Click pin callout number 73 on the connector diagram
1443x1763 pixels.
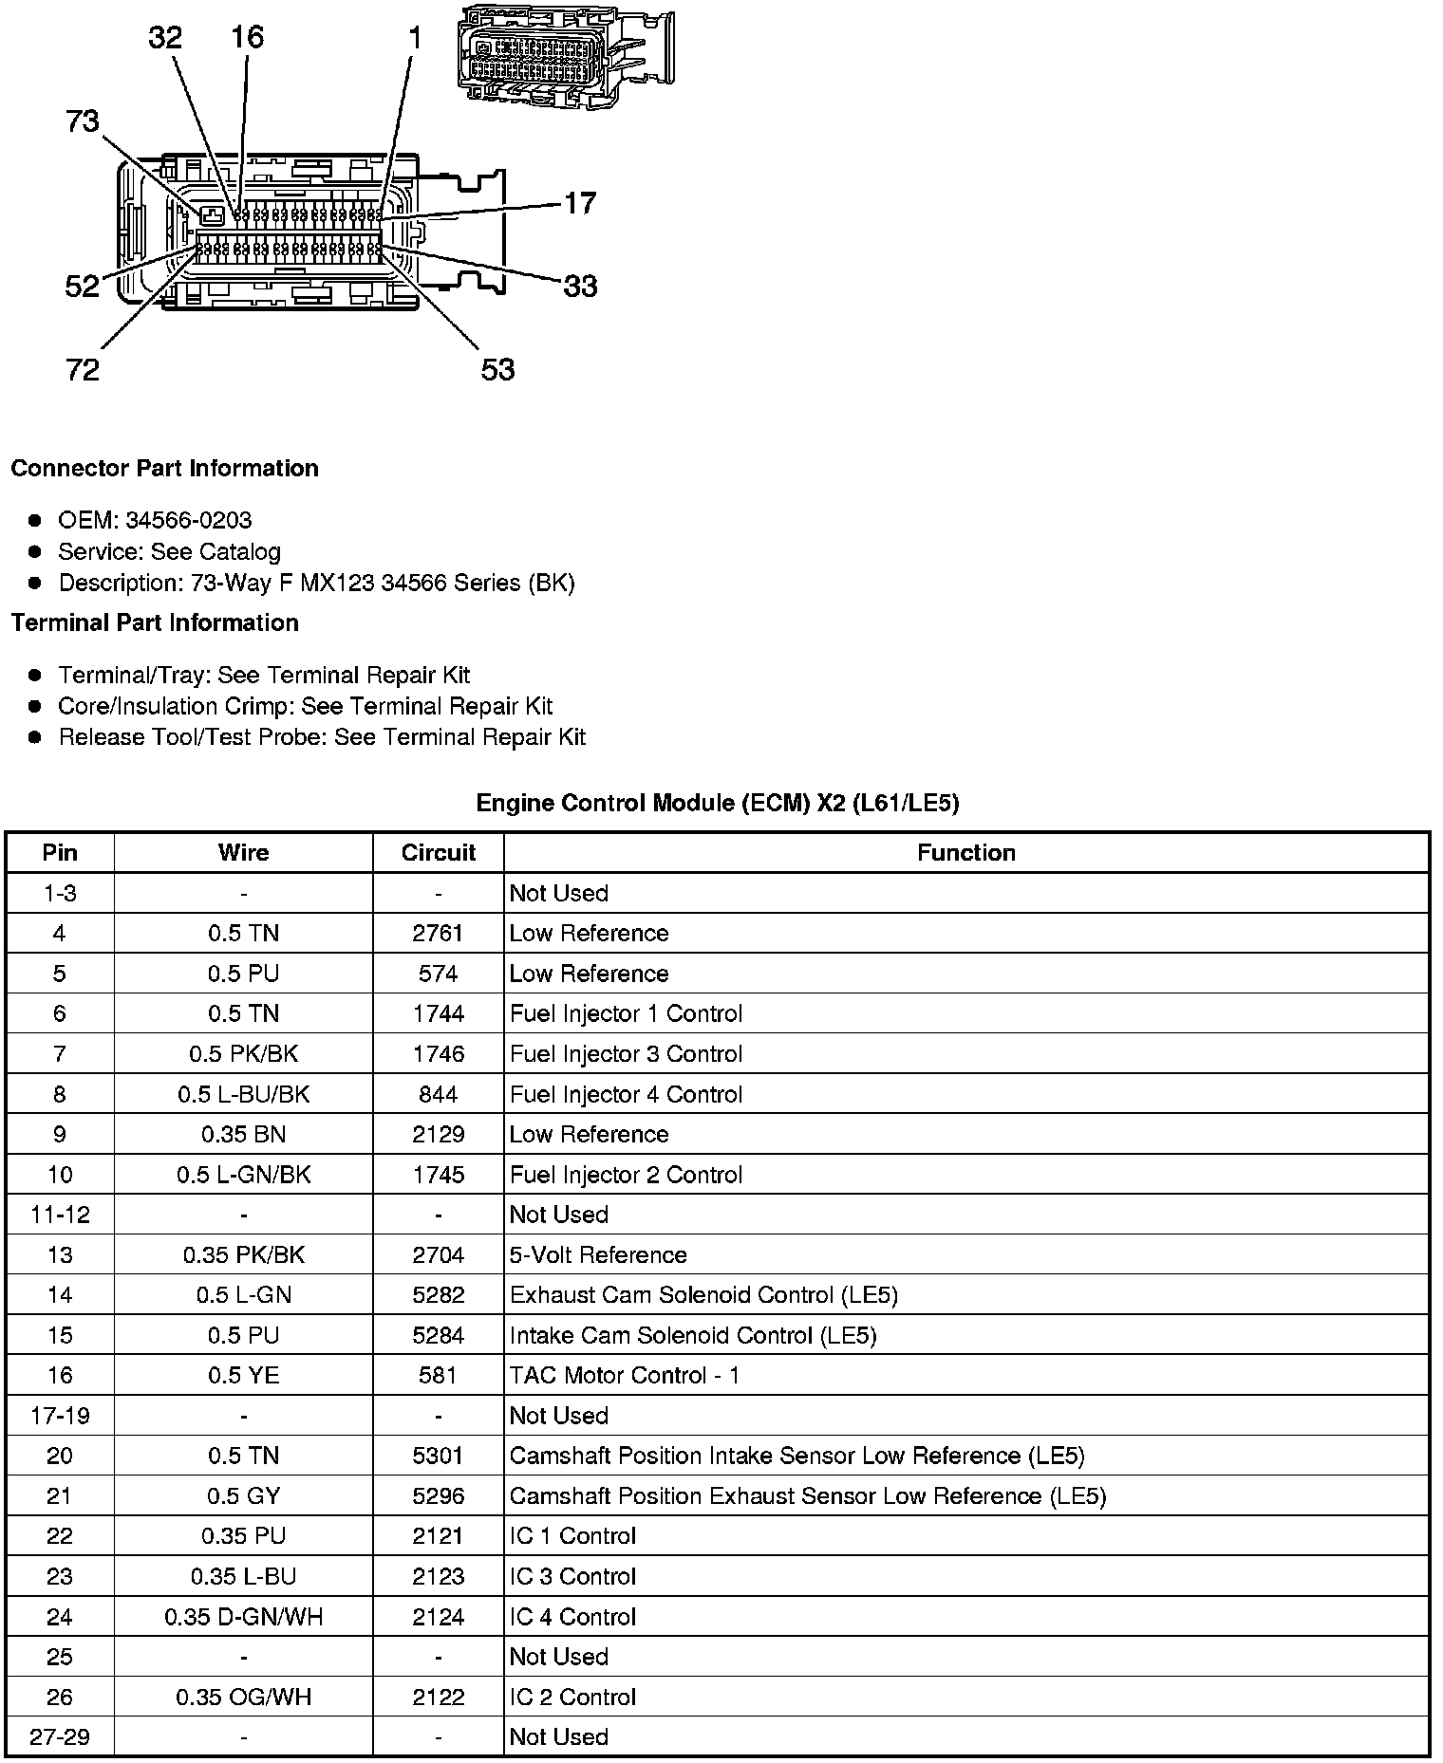pyautogui.click(x=83, y=121)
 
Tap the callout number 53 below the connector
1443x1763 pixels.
pyautogui.click(x=497, y=369)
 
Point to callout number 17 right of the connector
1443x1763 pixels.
pyautogui.click(x=580, y=203)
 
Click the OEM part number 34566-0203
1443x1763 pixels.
pyautogui.click(x=189, y=520)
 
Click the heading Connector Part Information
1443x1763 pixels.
pyautogui.click(x=164, y=469)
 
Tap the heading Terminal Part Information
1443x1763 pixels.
pyautogui.click(x=155, y=623)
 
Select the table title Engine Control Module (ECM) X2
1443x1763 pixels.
pyautogui.click(x=717, y=804)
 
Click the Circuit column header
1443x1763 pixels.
pyautogui.click(x=438, y=853)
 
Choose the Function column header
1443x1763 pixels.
pyautogui.click(x=965, y=853)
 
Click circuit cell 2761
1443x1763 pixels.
pyautogui.click(x=438, y=934)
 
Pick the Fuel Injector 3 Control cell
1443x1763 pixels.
pyautogui.click(x=626, y=1054)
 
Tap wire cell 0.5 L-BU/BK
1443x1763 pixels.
pyautogui.click(x=243, y=1094)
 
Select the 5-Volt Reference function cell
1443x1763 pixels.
pyautogui.click(x=598, y=1255)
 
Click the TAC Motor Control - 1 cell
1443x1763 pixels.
pyautogui.click(x=625, y=1376)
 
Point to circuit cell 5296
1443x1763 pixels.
pyautogui.click(x=438, y=1496)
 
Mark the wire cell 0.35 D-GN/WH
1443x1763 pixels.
pyautogui.click(x=243, y=1617)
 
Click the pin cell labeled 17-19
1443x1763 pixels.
pyautogui.click(x=60, y=1416)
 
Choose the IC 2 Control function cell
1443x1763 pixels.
pyautogui.click(x=572, y=1698)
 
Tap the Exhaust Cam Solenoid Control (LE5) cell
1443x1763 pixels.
pyautogui.click(x=703, y=1295)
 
